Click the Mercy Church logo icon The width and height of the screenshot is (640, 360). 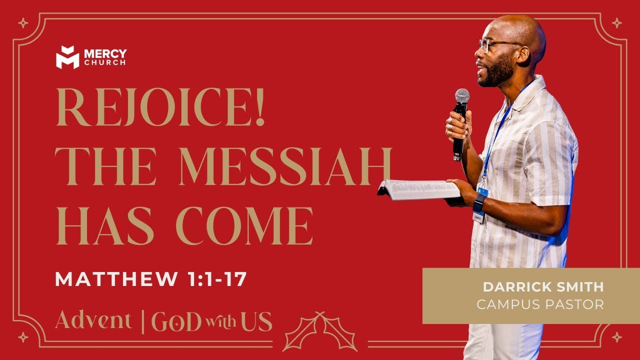pos(67,57)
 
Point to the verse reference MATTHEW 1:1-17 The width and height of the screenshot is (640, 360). pos(151,279)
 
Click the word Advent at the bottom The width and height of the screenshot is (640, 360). pos(93,320)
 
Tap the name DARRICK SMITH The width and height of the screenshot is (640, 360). pos(543,287)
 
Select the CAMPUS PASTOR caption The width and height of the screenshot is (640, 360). pos(540,304)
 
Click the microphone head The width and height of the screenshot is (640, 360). pos(462,96)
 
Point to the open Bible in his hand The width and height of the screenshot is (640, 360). pos(419,189)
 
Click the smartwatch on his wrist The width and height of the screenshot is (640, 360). pos(479,202)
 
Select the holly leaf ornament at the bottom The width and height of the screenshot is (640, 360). pos(320,331)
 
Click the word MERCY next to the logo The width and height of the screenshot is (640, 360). pos(105,53)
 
